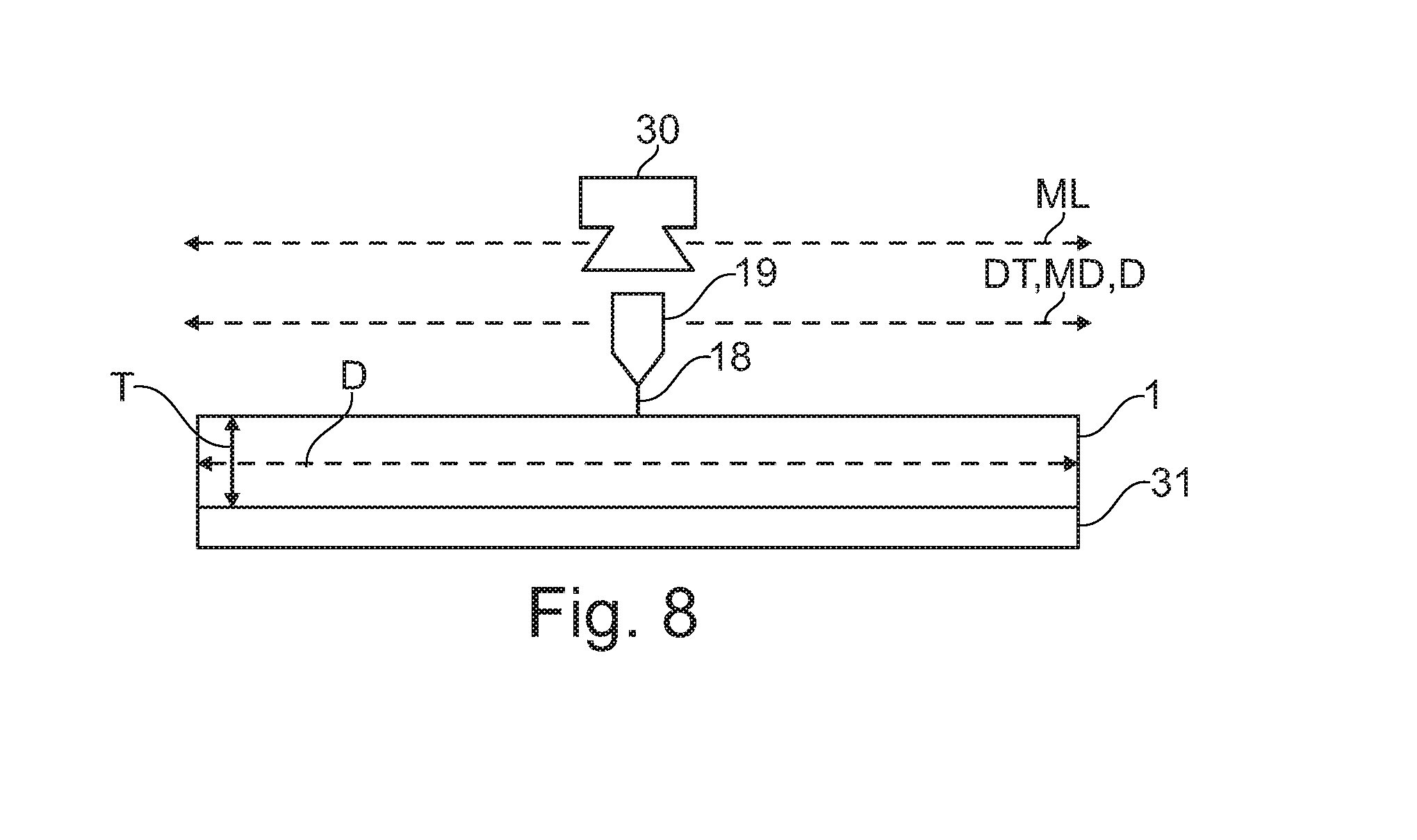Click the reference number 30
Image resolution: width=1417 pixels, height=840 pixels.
tap(657, 130)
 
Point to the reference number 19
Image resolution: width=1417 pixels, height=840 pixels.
tap(753, 274)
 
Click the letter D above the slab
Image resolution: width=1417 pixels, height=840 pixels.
tap(354, 378)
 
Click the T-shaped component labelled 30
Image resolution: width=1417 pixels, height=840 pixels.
tap(638, 202)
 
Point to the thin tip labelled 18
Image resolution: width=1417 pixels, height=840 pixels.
tap(638, 401)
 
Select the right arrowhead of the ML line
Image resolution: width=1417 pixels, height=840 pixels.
tap(1084, 243)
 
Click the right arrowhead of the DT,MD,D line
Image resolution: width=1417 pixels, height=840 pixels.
tap(1084, 323)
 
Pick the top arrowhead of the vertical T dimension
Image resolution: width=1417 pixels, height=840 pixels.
tap(232, 423)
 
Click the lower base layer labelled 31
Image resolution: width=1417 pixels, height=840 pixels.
tap(638, 528)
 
